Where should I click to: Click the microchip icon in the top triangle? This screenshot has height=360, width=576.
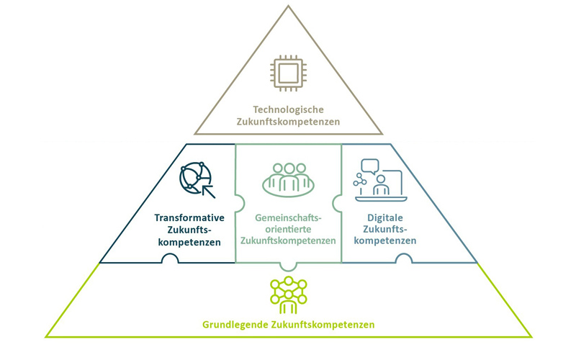coord(288,73)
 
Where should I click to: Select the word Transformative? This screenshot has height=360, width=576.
coord(189,217)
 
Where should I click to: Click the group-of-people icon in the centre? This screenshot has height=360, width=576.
coord(289,179)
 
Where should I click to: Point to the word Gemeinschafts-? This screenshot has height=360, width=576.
coord(289,217)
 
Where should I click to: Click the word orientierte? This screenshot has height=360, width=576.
coord(289,229)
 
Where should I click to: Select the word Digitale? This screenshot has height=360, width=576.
coord(385,217)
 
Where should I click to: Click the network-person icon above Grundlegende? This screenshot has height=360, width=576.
coord(288,294)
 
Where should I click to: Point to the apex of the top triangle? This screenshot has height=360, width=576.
coord(288,6)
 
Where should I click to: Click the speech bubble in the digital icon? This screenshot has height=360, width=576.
coord(370,166)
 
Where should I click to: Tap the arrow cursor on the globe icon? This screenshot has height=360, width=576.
coord(208,190)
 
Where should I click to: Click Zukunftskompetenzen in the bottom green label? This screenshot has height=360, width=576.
coord(323,325)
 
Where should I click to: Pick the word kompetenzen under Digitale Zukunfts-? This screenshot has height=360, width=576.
coord(385,240)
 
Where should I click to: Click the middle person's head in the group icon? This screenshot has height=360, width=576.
coord(289,168)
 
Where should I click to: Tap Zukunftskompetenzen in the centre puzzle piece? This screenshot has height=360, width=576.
coord(289,240)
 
